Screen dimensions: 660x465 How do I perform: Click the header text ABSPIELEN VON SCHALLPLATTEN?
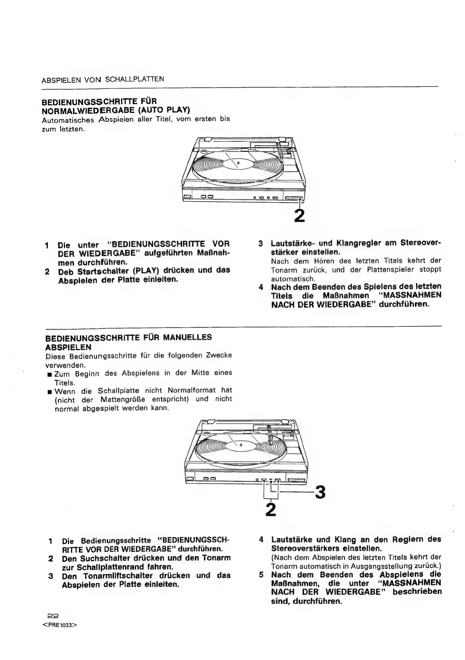103,79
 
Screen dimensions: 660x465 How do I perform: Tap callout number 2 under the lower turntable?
271,509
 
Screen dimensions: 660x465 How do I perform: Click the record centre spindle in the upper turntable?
238,162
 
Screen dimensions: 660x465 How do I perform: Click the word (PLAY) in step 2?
145,271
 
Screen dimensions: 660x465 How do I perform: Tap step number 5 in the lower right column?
261,575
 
